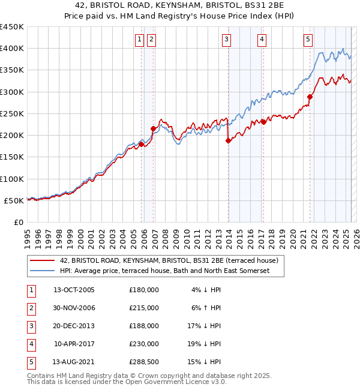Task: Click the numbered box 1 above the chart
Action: click(139, 40)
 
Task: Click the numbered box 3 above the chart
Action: click(227, 40)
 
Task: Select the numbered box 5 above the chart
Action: click(308, 40)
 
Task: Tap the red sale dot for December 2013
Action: click(228, 141)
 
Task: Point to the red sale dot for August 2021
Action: click(310, 97)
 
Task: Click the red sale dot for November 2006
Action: click(154, 128)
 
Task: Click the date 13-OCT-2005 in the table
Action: click(74, 289)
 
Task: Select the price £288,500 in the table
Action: click(144, 361)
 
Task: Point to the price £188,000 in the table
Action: click(144, 325)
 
